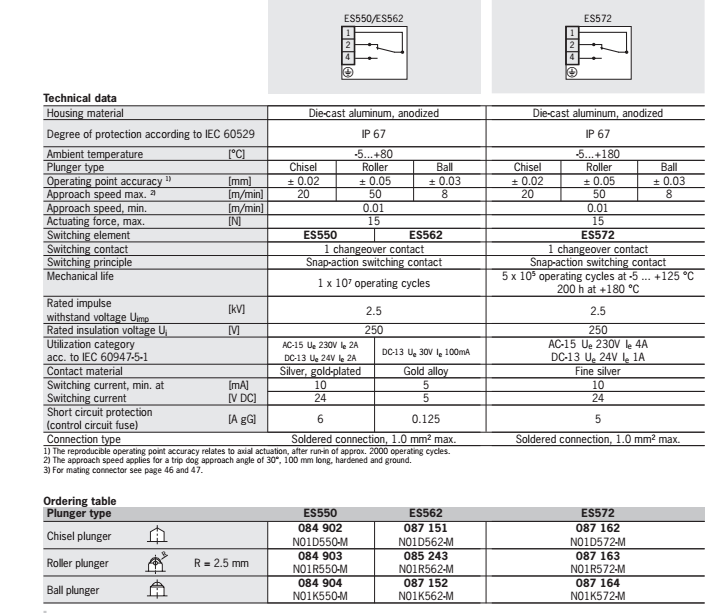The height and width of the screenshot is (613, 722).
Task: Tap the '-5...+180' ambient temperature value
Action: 597,154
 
